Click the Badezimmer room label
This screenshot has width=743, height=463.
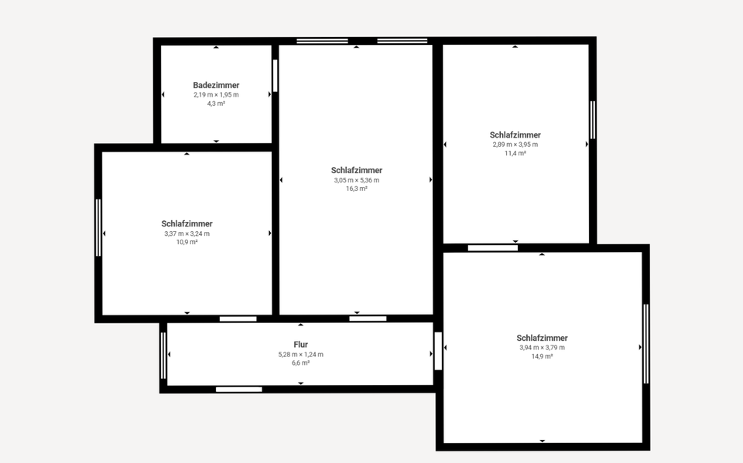point(216,85)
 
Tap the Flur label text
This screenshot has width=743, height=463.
point(301,345)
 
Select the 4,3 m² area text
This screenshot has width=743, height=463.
point(216,104)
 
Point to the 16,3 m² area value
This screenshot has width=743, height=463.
point(356,189)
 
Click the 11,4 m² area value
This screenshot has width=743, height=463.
point(515,153)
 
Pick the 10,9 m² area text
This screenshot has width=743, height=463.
point(187,242)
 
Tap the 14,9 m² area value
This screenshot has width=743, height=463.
point(542,356)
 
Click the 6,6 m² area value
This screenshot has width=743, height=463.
point(301,363)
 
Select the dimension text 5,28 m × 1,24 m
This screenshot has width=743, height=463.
point(301,354)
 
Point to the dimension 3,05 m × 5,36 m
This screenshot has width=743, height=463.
point(356,180)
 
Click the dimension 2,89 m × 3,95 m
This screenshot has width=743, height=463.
point(515,144)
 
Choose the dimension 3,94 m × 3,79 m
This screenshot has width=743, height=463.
point(542,347)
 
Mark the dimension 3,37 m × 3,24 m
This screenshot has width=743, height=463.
point(187,233)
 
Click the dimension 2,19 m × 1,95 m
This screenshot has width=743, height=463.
point(216,94)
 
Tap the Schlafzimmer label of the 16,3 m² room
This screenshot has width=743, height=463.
point(356,170)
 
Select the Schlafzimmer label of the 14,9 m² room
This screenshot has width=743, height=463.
point(542,338)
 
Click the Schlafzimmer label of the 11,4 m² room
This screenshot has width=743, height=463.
point(515,134)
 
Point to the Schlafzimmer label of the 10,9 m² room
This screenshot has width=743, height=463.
point(187,223)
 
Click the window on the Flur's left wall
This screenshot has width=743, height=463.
point(163,355)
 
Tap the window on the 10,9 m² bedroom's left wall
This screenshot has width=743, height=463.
point(98,227)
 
